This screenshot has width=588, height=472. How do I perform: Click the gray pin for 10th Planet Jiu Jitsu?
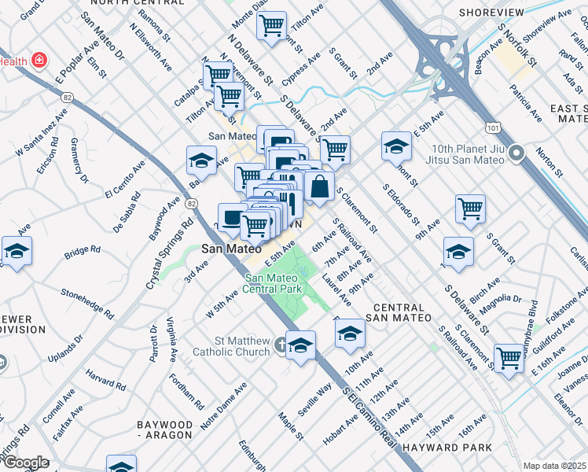tap(516, 153)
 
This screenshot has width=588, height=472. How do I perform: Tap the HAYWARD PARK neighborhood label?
tap(447, 448)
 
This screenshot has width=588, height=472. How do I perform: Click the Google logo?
tap(26, 463)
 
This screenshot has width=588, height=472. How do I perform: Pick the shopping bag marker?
tap(319, 187)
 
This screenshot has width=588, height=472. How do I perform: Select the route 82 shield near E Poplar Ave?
tap(67, 97)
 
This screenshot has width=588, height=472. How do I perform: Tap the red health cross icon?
tap(38, 60)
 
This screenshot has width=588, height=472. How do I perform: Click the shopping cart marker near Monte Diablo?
tap(271, 25)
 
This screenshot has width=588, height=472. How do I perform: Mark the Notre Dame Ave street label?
tap(224, 404)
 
